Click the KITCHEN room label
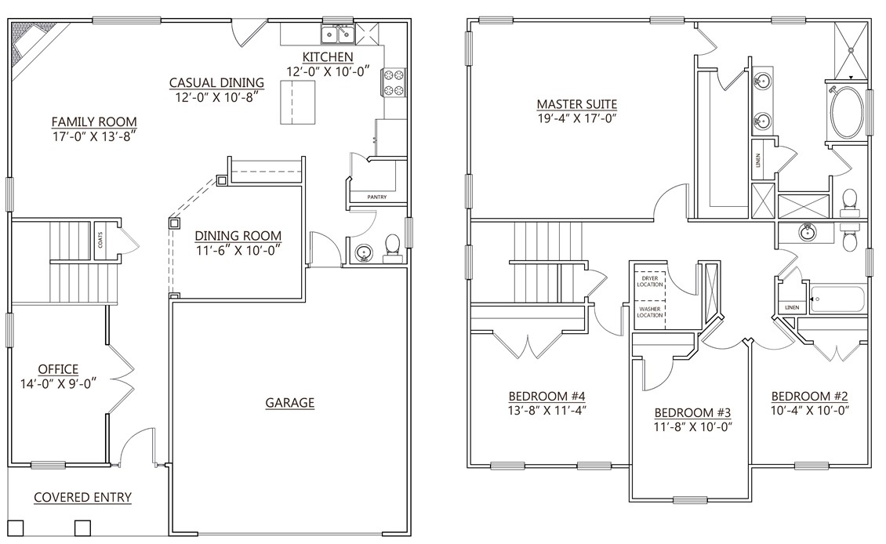click(x=328, y=57)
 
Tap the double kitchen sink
click(x=337, y=34)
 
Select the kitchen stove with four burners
click(x=393, y=82)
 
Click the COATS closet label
click(x=101, y=239)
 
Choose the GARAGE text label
click(x=289, y=403)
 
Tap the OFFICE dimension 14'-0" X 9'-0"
click(x=58, y=384)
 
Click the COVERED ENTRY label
click(x=82, y=497)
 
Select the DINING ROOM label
click(x=238, y=236)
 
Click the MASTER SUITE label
click(x=576, y=104)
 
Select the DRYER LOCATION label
click(x=649, y=282)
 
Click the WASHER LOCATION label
click(x=649, y=312)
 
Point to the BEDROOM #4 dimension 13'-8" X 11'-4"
click(x=547, y=409)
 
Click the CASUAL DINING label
click(x=216, y=83)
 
